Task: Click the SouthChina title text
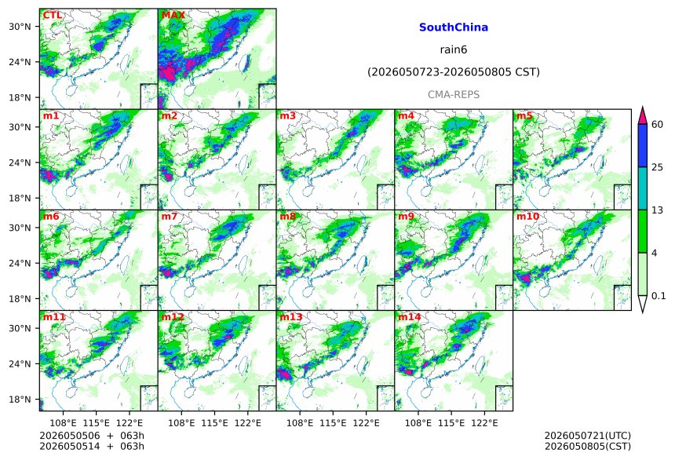point(454,27)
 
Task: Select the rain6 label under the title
point(454,49)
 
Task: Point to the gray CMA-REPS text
point(454,94)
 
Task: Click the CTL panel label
point(52,15)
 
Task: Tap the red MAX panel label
point(173,15)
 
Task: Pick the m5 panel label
point(524,116)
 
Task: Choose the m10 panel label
point(527,216)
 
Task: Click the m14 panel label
point(410,317)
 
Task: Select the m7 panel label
point(170,216)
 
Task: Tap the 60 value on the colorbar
point(657,125)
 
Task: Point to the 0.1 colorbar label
point(659,296)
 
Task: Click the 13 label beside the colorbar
point(657,210)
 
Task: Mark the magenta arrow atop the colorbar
point(642,115)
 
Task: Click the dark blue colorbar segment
point(642,145)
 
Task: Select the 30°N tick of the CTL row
point(20,27)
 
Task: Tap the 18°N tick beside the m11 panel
point(20,400)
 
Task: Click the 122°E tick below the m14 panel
point(484,423)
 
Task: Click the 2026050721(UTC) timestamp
point(588,436)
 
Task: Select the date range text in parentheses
point(454,72)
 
